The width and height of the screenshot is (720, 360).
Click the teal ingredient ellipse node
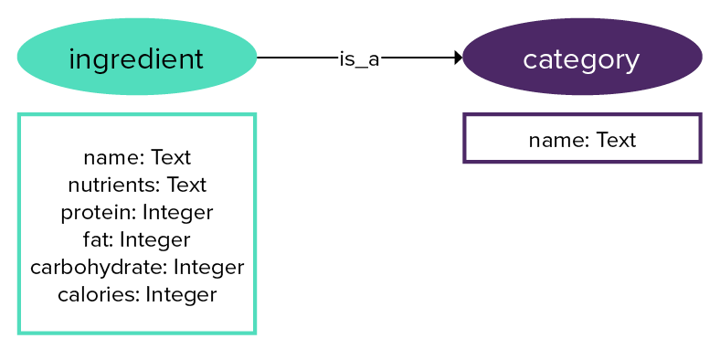click(x=136, y=57)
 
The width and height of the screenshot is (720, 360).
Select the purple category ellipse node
click(x=582, y=57)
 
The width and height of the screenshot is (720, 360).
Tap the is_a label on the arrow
click(x=359, y=58)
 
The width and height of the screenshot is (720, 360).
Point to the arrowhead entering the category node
click(x=458, y=58)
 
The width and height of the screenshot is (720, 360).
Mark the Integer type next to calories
click(x=181, y=295)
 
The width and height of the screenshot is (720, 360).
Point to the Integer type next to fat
click(x=154, y=240)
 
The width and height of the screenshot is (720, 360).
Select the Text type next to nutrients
click(x=186, y=185)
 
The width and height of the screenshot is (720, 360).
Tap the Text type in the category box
click(x=616, y=140)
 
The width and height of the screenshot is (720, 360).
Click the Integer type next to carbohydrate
click(x=208, y=268)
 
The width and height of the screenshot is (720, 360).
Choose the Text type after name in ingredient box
click(x=171, y=158)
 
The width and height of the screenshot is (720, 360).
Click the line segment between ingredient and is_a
click(x=297, y=58)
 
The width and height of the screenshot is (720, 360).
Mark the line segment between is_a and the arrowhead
click(x=416, y=58)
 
